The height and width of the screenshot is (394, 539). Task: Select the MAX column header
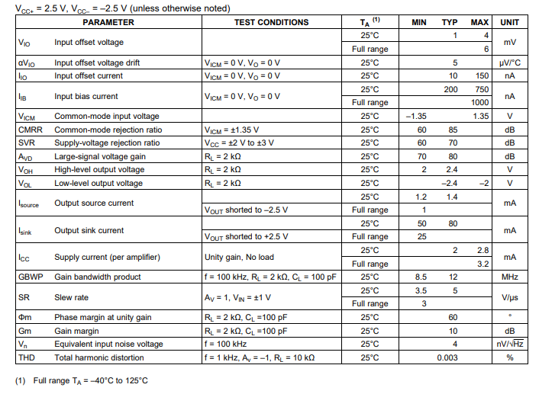point(480,22)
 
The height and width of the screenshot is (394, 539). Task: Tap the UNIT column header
point(509,22)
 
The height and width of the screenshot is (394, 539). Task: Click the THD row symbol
point(27,357)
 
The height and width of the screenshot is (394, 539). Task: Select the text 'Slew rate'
point(71,297)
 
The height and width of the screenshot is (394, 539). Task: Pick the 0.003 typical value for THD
point(448,357)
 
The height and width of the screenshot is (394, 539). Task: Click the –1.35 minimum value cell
point(416,116)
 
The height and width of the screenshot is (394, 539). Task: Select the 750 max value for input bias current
point(480,89)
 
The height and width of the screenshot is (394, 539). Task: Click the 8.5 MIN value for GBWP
point(420,277)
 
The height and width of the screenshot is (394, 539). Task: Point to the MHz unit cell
point(509,277)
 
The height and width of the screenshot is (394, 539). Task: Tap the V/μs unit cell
point(509,297)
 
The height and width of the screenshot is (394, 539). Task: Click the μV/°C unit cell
point(509,62)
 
